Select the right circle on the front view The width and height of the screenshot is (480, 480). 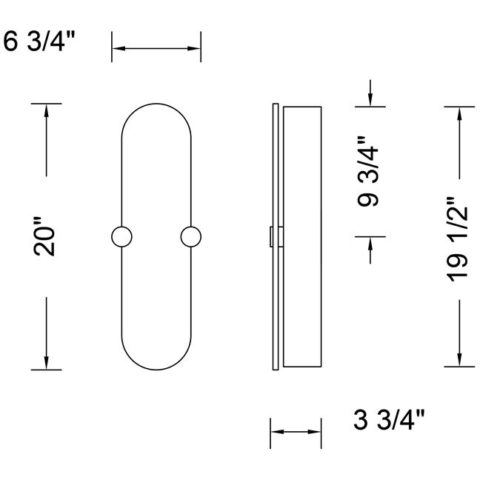coord(191,237)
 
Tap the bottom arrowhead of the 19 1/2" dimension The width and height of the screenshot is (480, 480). coord(459,360)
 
